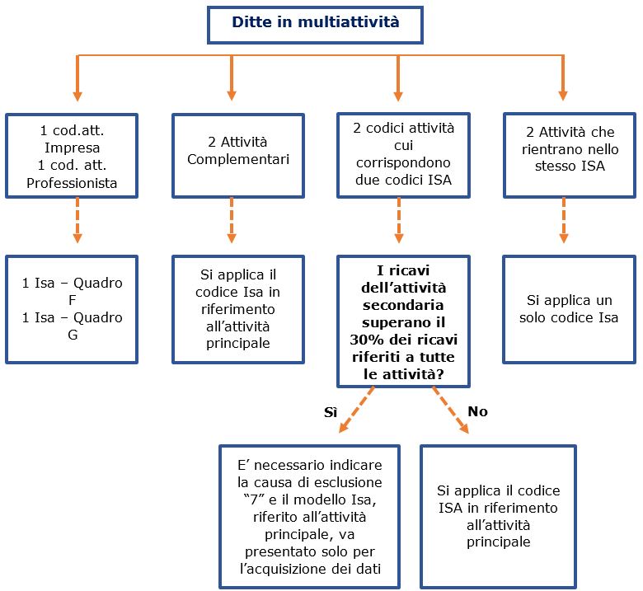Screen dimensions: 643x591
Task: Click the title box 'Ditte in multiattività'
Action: coord(315,25)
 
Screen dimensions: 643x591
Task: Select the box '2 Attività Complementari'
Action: coord(238,156)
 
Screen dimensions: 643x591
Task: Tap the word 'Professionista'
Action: coord(72,183)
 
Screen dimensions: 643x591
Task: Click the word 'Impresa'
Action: coord(73,148)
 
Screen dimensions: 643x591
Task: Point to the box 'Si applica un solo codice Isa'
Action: coord(569,310)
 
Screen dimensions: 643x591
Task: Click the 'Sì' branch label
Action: coord(331,412)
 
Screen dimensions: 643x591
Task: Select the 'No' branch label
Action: coord(478,411)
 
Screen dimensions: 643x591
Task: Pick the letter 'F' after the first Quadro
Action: coord(73,300)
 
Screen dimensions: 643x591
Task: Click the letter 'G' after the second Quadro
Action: coord(73,335)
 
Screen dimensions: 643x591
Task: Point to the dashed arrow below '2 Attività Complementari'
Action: coord(232,221)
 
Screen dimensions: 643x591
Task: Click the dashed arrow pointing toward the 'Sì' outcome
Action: coord(356,410)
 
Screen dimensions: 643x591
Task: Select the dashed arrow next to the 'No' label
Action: coord(451,410)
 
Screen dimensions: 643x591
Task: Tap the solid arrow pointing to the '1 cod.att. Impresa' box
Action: coord(77,78)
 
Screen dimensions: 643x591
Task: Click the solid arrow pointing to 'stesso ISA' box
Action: coord(563,78)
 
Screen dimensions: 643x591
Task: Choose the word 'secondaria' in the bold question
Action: coord(403,306)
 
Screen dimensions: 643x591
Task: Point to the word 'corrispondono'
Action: coord(403,163)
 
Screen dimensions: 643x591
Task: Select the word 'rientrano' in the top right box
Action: coord(547,149)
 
